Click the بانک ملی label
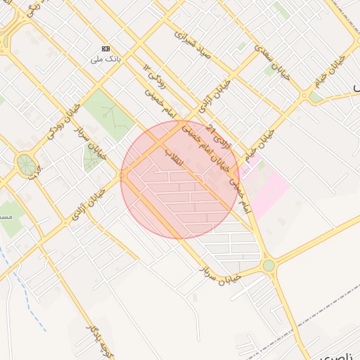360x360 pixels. [x=106, y=58]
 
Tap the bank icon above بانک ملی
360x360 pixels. [x=106, y=49]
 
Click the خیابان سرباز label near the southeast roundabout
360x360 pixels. [x=219, y=275]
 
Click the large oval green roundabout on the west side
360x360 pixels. [x=27, y=165]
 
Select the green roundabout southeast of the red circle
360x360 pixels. [x=269, y=265]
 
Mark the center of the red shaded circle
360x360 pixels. [x=179, y=179]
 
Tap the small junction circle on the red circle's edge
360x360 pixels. [x=122, y=176]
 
